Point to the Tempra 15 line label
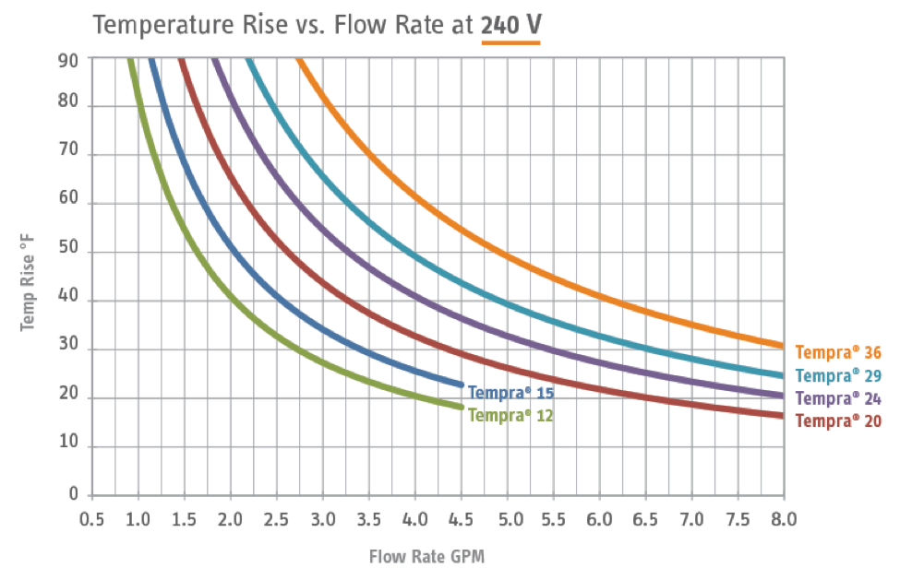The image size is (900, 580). coord(510,393)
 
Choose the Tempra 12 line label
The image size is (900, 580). coord(510,415)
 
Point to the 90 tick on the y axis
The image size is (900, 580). coord(68,57)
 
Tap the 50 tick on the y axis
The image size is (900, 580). coord(68,252)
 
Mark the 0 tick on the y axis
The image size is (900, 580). coord(73,495)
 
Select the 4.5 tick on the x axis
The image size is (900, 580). coord(461,518)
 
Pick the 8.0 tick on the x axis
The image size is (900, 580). coord(784,518)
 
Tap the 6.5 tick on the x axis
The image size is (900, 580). coord(645,518)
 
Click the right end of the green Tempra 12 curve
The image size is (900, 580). coord(461,407)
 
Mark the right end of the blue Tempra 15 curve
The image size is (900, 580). coord(461,385)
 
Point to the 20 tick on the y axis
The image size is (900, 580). coord(68,398)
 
